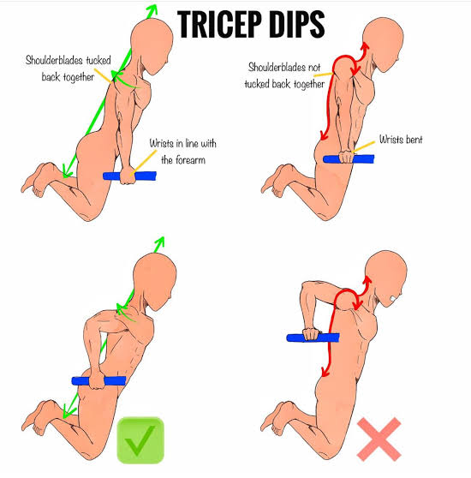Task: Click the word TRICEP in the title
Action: (x=219, y=24)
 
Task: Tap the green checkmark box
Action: (x=140, y=440)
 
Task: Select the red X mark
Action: (x=379, y=439)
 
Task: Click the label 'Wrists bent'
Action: (x=401, y=140)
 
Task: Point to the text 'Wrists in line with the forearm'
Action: (x=182, y=152)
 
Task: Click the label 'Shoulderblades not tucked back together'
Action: (x=284, y=75)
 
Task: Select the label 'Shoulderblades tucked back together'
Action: (x=68, y=69)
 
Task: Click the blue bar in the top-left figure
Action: (x=130, y=176)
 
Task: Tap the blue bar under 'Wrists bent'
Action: (x=349, y=159)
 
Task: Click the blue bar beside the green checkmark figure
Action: (x=98, y=381)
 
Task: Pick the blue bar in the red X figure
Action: (x=313, y=338)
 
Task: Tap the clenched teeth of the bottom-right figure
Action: (x=394, y=299)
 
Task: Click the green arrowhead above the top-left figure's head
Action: (x=152, y=10)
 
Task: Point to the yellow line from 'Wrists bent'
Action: (x=364, y=146)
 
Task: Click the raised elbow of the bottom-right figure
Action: (x=306, y=287)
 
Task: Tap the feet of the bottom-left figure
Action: (x=38, y=418)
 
